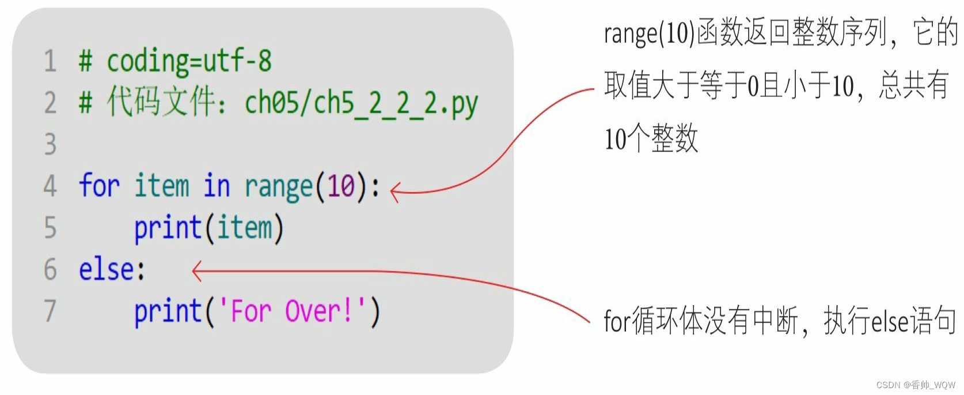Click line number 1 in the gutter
[x=50, y=61]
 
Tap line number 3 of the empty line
[x=50, y=144]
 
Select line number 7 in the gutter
[x=50, y=311]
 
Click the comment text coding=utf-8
[x=189, y=61]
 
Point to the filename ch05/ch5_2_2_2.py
[x=361, y=104]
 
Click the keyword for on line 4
[x=98, y=186]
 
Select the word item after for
[x=161, y=186]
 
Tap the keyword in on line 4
[x=217, y=186]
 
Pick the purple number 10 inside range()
[x=341, y=186]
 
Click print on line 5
[x=168, y=228]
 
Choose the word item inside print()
[x=244, y=227]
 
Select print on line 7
[x=168, y=311]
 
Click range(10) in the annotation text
[x=649, y=33]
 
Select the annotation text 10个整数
[x=651, y=139]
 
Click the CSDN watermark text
[x=915, y=385]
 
